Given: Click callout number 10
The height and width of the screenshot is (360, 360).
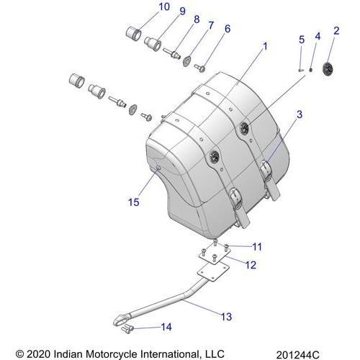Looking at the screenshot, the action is coord(164,7).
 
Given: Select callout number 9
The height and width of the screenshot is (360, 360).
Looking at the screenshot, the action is coord(183,12).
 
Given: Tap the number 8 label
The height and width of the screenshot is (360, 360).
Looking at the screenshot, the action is coord(197,19).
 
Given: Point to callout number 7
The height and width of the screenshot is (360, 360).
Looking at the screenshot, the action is coord(211,25).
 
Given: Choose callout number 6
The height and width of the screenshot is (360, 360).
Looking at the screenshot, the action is coord(228,29).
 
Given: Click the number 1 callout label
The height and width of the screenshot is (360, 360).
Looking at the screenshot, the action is coord(265,46).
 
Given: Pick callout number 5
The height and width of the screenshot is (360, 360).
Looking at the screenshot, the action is coord(302,40).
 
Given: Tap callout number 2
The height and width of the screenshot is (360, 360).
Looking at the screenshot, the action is coord(336,31).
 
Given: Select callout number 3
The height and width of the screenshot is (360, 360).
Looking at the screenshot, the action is coord(300,114).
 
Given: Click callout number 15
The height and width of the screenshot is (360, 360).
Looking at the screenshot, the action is coord(133,202).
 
